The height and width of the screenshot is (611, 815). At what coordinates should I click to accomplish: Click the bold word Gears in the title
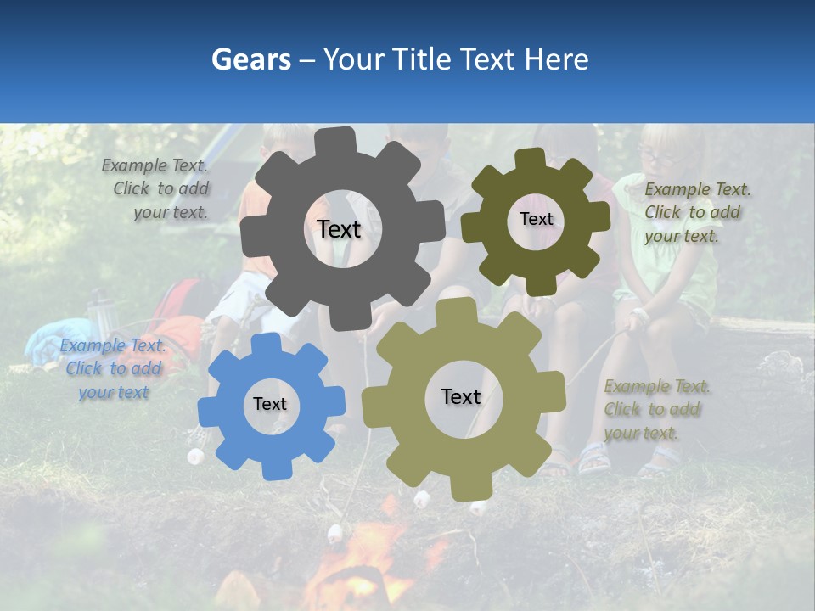(x=251, y=59)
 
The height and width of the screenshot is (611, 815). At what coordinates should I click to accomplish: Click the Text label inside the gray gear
(x=339, y=229)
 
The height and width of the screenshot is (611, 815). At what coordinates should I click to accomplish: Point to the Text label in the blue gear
(x=270, y=405)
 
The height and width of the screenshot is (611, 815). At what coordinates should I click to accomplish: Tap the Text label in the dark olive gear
(x=536, y=219)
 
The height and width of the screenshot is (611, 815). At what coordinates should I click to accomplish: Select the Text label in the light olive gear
(x=461, y=396)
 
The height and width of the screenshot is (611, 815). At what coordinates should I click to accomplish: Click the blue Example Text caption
(x=114, y=369)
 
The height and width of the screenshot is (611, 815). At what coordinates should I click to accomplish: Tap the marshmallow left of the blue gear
(x=196, y=456)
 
